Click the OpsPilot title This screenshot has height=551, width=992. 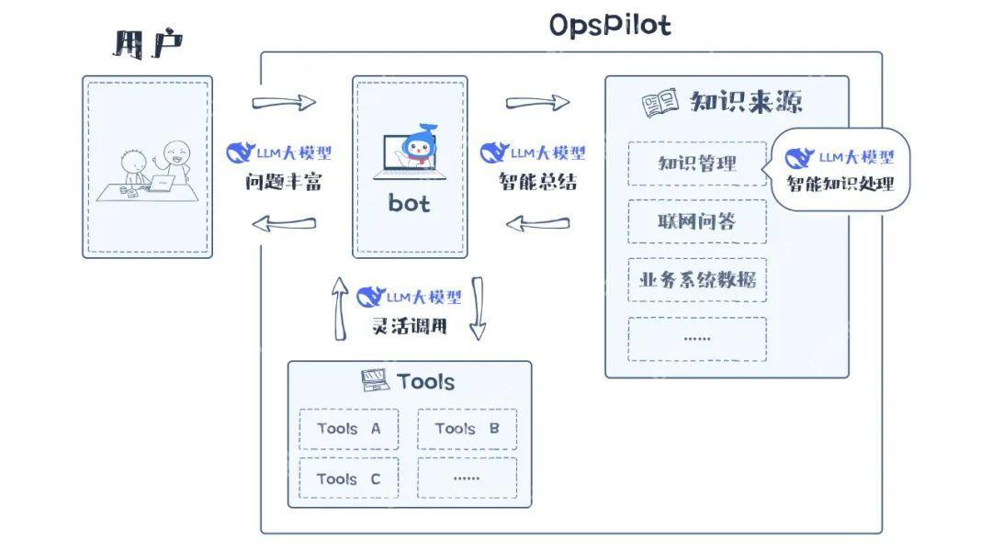coord(610,25)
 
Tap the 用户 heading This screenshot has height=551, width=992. coord(147,44)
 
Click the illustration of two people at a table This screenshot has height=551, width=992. coord(147,170)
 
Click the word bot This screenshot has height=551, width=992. coord(409,203)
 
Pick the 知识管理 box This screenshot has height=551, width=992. coord(697,163)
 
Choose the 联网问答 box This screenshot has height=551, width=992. coord(697,221)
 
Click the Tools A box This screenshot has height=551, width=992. coord(349,429)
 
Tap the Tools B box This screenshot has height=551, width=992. coord(467,429)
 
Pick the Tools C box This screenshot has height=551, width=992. coord(349,478)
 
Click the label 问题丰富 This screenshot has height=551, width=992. coord(284,182)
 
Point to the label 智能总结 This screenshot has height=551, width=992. coord(537,182)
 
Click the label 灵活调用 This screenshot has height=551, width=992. coord(409,325)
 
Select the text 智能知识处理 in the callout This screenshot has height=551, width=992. coord(840,184)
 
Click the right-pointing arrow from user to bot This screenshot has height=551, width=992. coord(284,102)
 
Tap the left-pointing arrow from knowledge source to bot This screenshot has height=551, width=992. coord(537,223)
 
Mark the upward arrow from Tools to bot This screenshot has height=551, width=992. coord(340,308)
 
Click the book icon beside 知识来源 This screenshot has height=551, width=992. coord(660,104)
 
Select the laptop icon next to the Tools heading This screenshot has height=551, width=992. coord(375,380)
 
